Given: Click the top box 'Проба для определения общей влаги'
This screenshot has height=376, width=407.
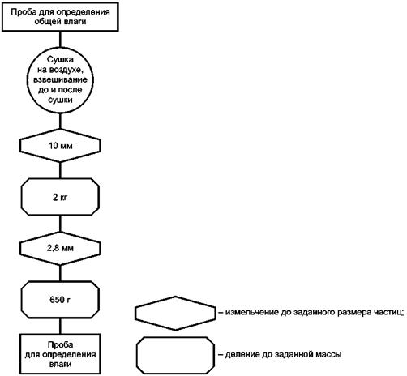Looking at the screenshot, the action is pyautogui.click(x=60, y=17).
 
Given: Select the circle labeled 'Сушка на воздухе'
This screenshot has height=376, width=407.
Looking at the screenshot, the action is pyautogui.click(x=60, y=80).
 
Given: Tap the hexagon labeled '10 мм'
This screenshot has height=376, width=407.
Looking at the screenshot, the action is pyautogui.click(x=60, y=146).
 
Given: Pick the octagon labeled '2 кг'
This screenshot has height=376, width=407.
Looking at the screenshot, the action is pyautogui.click(x=60, y=197).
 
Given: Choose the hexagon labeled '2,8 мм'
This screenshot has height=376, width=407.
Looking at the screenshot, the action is pyautogui.click(x=60, y=248).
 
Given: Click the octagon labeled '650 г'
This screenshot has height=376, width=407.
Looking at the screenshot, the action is pyautogui.click(x=60, y=300).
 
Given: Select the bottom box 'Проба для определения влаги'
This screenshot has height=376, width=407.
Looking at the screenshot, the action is pyautogui.click(x=60, y=354).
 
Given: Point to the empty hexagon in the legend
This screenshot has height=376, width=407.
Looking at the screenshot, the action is pyautogui.click(x=175, y=313).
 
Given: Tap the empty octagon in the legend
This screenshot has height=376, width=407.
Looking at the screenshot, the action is pyautogui.click(x=175, y=355).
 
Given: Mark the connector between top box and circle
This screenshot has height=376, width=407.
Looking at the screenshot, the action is pyautogui.click(x=60, y=40).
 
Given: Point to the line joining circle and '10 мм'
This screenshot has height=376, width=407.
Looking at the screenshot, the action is pyautogui.click(x=60, y=121).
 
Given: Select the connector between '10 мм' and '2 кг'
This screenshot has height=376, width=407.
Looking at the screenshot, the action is pyautogui.click(x=60, y=170).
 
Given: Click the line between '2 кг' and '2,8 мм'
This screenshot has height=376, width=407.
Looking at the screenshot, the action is pyautogui.click(x=60, y=224).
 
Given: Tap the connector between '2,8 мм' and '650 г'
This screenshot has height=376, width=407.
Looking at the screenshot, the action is pyautogui.click(x=60, y=273).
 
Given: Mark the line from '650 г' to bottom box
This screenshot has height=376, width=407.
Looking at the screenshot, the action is pyautogui.click(x=60, y=327).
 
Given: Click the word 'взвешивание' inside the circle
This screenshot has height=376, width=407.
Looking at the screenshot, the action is pyautogui.click(x=60, y=79).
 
